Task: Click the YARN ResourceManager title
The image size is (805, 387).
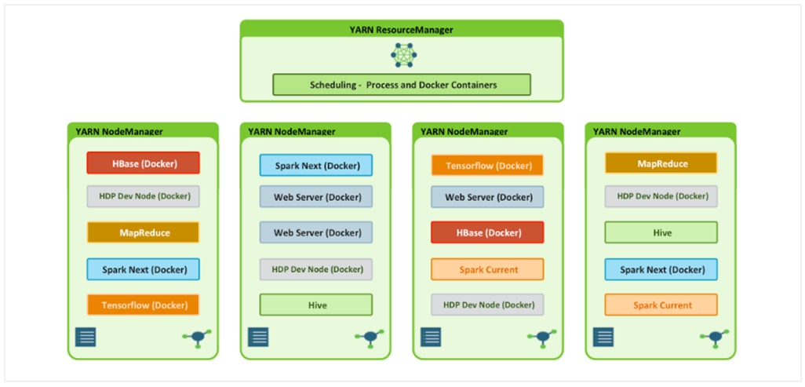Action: click(x=401, y=30)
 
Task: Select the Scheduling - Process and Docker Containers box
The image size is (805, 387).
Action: click(x=401, y=85)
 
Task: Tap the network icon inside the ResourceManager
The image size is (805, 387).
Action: click(x=404, y=55)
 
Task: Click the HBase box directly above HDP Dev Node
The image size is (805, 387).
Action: click(x=143, y=163)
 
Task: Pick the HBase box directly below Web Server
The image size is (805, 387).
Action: click(x=486, y=232)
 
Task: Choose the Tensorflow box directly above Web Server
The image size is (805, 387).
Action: click(x=486, y=166)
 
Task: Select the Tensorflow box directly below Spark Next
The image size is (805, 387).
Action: click(x=143, y=305)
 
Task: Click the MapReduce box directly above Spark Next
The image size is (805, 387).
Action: click(x=143, y=233)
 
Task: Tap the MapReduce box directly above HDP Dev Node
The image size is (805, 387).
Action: click(x=661, y=163)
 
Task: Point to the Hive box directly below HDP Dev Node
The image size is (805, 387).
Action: click(x=316, y=305)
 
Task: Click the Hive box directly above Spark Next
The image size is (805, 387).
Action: click(x=661, y=233)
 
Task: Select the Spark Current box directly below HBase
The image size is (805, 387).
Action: click(x=486, y=269)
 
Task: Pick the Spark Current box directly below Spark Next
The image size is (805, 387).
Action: click(x=661, y=305)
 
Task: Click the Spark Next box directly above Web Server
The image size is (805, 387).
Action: click(x=316, y=166)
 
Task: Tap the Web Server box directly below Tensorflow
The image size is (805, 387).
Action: click(x=486, y=197)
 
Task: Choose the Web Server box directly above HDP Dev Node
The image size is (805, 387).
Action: click(x=316, y=233)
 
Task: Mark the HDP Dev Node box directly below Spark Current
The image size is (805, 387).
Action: click(x=486, y=305)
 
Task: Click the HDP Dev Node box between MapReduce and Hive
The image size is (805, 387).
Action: click(x=661, y=196)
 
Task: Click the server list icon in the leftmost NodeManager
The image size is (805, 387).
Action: click(x=86, y=338)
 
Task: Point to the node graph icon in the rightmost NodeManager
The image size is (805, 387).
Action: click(x=713, y=338)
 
